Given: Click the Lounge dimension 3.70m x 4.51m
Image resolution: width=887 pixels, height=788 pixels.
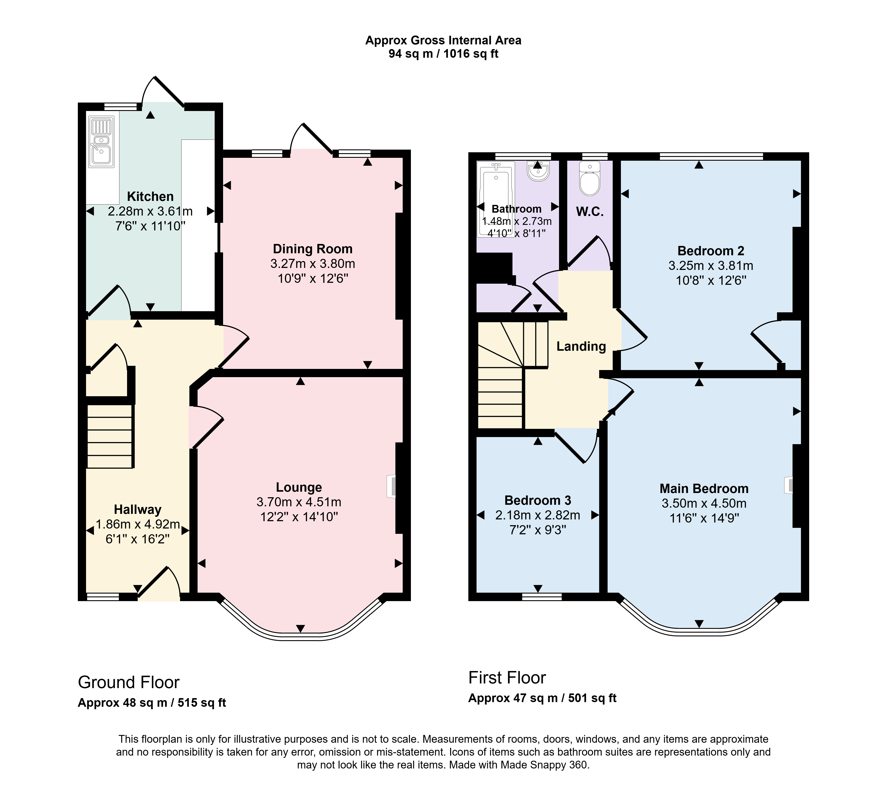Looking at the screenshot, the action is [x=299, y=502].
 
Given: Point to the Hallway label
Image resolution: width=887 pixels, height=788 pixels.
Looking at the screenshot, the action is [x=137, y=510].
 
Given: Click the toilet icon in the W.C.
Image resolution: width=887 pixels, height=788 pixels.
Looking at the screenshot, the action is [x=590, y=178].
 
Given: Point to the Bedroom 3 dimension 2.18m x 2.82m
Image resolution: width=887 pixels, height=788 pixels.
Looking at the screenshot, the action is [x=538, y=515].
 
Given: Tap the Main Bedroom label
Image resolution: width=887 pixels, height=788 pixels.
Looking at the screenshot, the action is [x=704, y=489].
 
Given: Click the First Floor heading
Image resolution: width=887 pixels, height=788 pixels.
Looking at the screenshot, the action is [x=507, y=678].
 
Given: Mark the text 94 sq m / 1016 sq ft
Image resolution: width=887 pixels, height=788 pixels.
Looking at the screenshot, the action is [x=443, y=54].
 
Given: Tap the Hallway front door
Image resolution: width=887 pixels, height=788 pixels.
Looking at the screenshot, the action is [x=159, y=584].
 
